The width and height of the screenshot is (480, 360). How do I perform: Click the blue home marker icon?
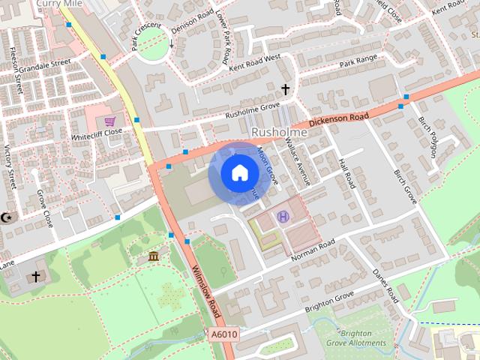[238, 173]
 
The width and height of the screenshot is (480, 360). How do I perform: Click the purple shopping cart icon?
[110, 121]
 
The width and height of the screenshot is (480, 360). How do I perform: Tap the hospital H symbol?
[283, 217]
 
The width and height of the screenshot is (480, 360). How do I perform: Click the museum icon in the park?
[154, 257]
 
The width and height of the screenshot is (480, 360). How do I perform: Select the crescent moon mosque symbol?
[8, 217]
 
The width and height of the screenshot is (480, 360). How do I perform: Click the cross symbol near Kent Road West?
[285, 90]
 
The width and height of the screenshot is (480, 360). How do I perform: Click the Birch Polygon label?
[427, 136]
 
